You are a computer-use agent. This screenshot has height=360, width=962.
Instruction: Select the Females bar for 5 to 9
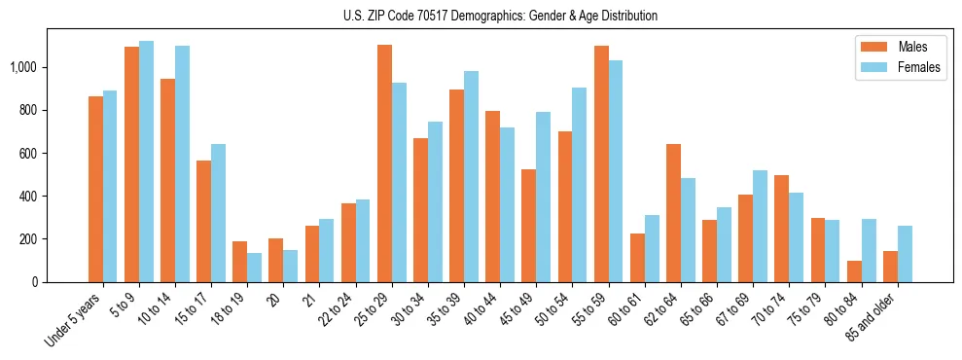click(147, 162)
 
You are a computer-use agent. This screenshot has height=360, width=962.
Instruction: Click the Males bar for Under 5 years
click(95, 189)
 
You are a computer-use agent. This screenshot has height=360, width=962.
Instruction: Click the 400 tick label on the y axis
click(32, 197)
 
